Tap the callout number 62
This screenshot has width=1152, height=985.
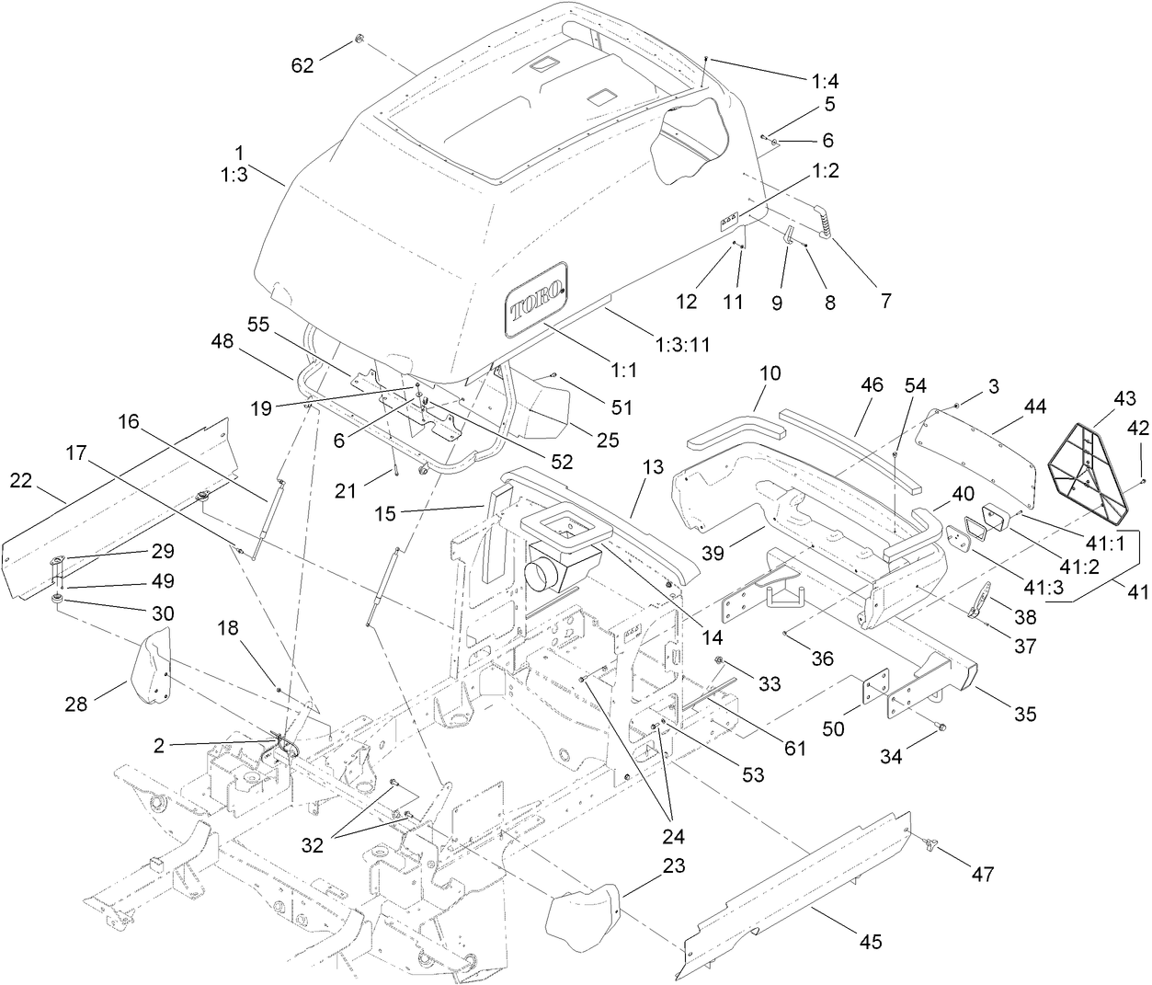click(302, 65)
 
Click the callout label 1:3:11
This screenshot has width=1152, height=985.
click(684, 344)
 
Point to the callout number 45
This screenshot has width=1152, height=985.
click(871, 941)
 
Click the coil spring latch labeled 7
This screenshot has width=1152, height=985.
click(825, 221)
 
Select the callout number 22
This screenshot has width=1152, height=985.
click(23, 481)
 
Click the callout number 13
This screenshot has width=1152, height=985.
click(652, 468)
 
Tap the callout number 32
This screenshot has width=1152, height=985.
click(314, 845)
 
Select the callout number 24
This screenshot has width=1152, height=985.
click(672, 837)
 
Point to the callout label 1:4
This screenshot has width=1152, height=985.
click(824, 82)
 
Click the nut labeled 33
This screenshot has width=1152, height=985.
click(719, 662)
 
